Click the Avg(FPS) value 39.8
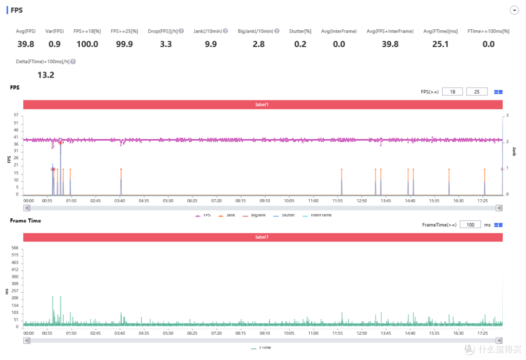click(26, 44)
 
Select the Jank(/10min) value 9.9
click(211, 44)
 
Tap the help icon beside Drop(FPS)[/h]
click(181, 31)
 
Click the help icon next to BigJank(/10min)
click(277, 31)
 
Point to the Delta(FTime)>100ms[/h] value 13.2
click(46, 75)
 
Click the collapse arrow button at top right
click(514, 10)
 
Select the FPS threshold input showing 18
click(452, 92)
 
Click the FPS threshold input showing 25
click(477, 92)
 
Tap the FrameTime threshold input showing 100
click(470, 225)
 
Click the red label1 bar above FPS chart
click(263, 104)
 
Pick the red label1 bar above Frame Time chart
click(263, 237)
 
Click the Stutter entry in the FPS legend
click(284, 215)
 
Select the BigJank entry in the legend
click(254, 215)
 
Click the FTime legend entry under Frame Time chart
click(261, 348)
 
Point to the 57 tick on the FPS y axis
click(16, 115)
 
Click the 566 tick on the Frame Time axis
click(15, 248)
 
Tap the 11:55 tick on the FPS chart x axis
click(338, 201)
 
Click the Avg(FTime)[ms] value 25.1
click(440, 44)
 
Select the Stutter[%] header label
click(300, 31)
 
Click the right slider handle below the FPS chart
click(499, 208)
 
